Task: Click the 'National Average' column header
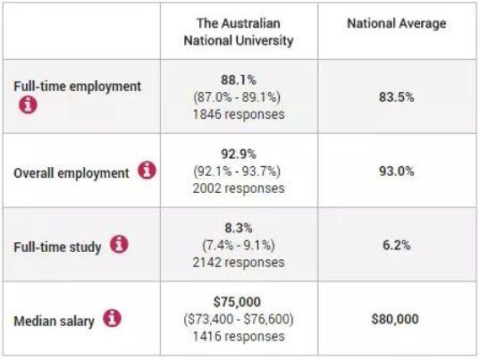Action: click(397, 24)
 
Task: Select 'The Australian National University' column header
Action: click(239, 32)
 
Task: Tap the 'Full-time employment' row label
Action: click(78, 87)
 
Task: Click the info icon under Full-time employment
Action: click(29, 105)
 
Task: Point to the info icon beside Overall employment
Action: click(147, 170)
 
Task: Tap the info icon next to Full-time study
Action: click(119, 244)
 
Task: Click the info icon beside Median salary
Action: click(112, 318)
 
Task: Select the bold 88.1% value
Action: click(239, 80)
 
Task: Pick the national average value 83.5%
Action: click(397, 97)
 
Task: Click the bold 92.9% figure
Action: click(239, 155)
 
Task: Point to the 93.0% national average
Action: click(397, 172)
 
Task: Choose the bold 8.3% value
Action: click(239, 228)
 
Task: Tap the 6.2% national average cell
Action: click(397, 246)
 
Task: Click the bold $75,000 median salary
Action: click(237, 302)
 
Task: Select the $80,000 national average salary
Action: click(395, 319)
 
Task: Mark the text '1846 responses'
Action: click(239, 114)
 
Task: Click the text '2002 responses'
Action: click(239, 188)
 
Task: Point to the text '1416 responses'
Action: click(239, 337)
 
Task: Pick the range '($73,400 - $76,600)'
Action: click(239, 319)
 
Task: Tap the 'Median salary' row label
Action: click(54, 322)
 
